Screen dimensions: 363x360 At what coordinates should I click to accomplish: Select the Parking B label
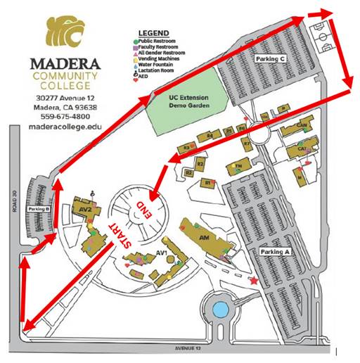point(39,209)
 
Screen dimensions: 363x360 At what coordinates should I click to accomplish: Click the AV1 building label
point(160,253)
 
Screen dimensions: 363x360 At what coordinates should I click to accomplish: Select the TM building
point(238,166)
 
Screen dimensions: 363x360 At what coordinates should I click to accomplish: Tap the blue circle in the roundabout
point(220,309)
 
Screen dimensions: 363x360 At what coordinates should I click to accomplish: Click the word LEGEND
point(155,33)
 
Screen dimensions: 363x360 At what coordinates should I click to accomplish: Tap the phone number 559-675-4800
point(66,117)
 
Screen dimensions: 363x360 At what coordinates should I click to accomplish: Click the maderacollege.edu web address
point(66,127)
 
